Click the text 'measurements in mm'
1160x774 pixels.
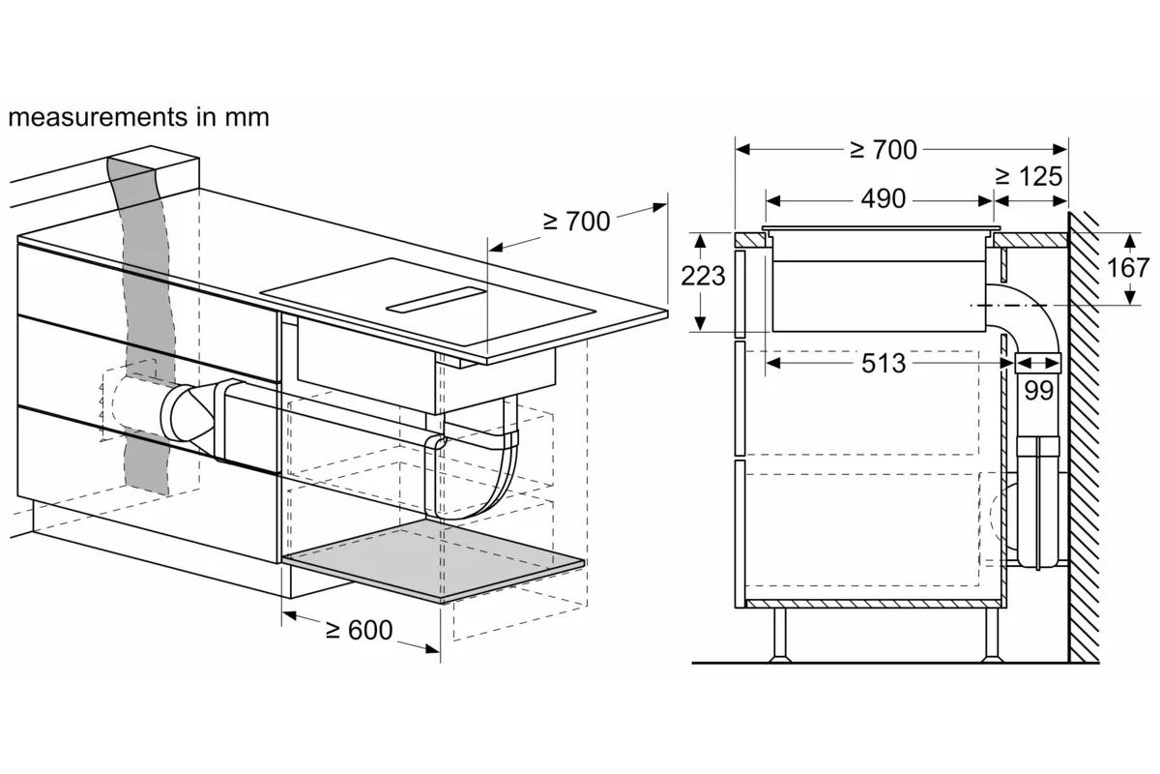click(x=139, y=117)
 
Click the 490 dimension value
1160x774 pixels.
click(x=884, y=198)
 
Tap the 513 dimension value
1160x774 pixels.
click(x=884, y=364)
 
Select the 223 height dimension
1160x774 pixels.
click(x=703, y=276)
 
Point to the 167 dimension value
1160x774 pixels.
click(x=1128, y=268)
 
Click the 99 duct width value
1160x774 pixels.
click(x=1039, y=390)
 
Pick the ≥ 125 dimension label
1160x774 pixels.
click(x=1029, y=177)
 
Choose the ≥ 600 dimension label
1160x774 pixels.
click(x=359, y=631)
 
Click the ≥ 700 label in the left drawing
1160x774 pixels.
click(x=576, y=222)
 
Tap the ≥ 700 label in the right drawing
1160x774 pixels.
click(x=884, y=150)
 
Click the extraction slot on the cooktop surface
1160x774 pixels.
click(x=436, y=300)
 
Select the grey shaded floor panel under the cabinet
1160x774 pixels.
click(x=434, y=562)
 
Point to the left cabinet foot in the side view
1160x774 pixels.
click(x=779, y=635)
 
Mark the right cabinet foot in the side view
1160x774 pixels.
click(x=992, y=635)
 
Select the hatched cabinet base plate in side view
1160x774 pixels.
click(x=875, y=604)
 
